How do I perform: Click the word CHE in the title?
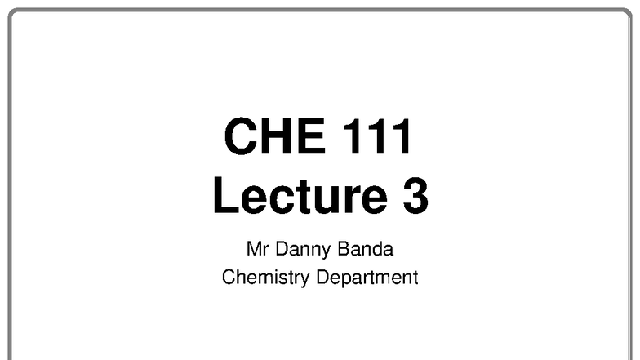[x=269, y=137]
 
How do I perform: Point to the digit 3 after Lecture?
[x=414, y=197]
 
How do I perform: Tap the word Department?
[x=367, y=278]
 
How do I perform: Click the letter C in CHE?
[x=240, y=137]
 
